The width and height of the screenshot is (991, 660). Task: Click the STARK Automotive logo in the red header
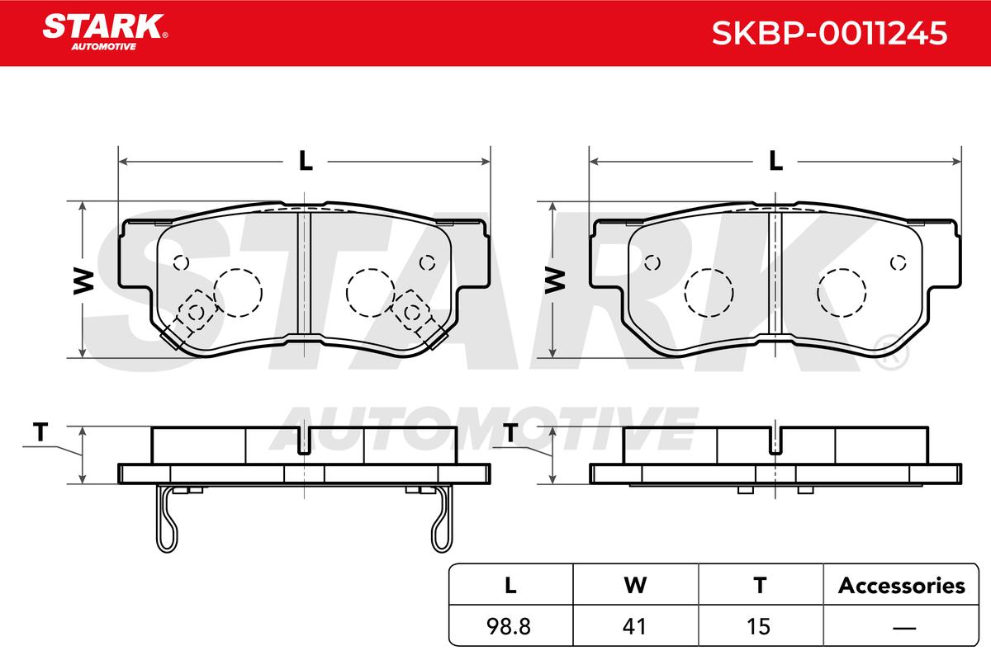click(105, 32)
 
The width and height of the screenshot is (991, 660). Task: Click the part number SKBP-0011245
click(829, 33)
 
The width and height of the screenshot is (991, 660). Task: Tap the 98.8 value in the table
click(509, 626)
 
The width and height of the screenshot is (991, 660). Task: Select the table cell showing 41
click(634, 626)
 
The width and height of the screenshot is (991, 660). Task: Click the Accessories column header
click(901, 586)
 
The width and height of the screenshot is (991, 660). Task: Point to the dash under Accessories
click(904, 627)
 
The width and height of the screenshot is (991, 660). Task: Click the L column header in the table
click(510, 586)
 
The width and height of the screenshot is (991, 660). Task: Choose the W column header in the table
click(635, 586)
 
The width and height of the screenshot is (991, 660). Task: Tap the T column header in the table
click(760, 586)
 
